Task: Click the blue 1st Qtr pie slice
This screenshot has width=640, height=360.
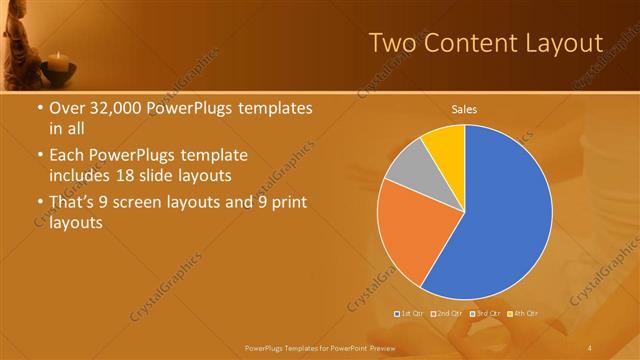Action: pyautogui.click(x=505, y=215)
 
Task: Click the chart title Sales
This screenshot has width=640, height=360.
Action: pyautogui.click(x=464, y=108)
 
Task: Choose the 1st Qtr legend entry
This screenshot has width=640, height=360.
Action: pyautogui.click(x=411, y=314)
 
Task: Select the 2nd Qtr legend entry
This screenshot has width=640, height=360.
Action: pyautogui.click(x=447, y=314)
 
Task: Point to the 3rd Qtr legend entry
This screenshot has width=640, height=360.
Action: pyautogui.click(x=483, y=314)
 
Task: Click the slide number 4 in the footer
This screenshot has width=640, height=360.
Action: pyautogui.click(x=590, y=346)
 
